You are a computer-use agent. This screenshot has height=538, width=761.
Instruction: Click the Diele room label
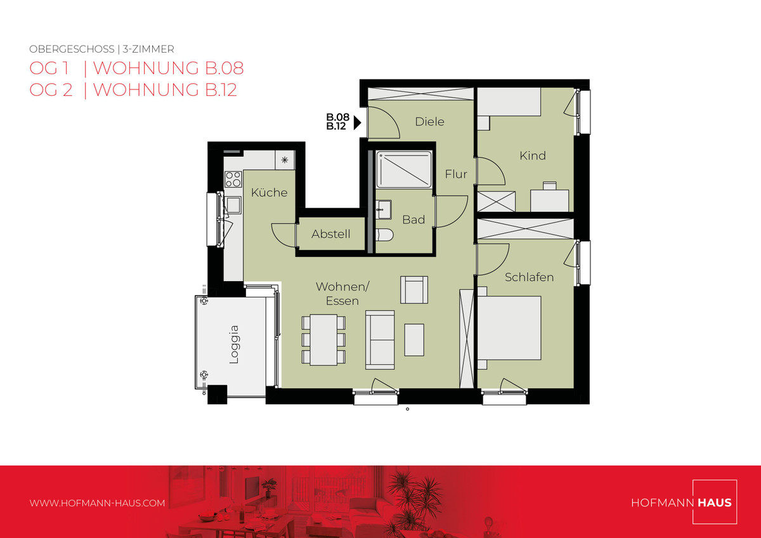click(x=429, y=122)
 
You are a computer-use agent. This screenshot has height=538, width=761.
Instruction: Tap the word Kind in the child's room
click(x=532, y=155)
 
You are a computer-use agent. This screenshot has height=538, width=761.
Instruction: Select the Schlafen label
click(x=529, y=277)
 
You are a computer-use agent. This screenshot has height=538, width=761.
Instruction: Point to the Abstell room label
click(x=330, y=234)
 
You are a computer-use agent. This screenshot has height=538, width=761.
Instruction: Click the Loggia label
click(x=235, y=344)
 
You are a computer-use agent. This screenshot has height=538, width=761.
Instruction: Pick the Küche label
click(x=269, y=192)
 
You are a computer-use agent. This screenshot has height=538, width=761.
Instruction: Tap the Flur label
click(x=456, y=174)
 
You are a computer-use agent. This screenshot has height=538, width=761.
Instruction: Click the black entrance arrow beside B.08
click(x=357, y=122)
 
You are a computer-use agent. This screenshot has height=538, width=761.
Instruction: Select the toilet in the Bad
click(x=384, y=234)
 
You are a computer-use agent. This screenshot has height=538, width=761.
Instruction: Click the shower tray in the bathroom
click(x=404, y=169)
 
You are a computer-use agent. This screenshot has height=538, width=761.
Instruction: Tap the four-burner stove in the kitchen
click(x=233, y=180)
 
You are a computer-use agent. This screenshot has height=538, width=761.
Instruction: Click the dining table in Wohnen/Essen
click(x=323, y=339)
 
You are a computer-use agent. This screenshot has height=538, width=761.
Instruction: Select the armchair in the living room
click(x=413, y=289)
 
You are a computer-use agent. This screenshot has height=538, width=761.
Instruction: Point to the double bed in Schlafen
click(x=509, y=328)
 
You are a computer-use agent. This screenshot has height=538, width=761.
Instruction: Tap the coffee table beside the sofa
click(x=413, y=340)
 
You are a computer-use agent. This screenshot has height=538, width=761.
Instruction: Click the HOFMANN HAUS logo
click(x=684, y=502)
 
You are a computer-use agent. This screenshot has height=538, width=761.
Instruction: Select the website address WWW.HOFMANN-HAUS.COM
click(x=97, y=503)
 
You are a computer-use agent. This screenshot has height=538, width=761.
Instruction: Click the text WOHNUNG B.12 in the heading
click(x=165, y=90)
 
